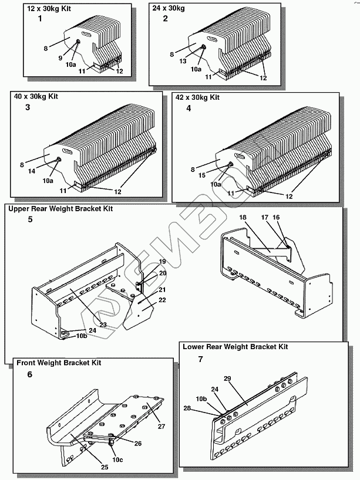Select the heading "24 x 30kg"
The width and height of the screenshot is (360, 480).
point(170,9)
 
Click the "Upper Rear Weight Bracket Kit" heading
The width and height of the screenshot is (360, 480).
point(60,208)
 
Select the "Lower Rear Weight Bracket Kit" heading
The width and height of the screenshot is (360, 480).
point(235,346)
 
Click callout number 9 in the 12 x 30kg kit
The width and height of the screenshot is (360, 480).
point(60,58)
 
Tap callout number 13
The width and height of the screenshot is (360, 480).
point(182,60)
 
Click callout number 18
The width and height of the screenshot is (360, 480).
point(243,217)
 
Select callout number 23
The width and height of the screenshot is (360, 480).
point(102,324)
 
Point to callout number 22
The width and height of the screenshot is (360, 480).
point(146,300)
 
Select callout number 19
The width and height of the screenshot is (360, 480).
point(146,261)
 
